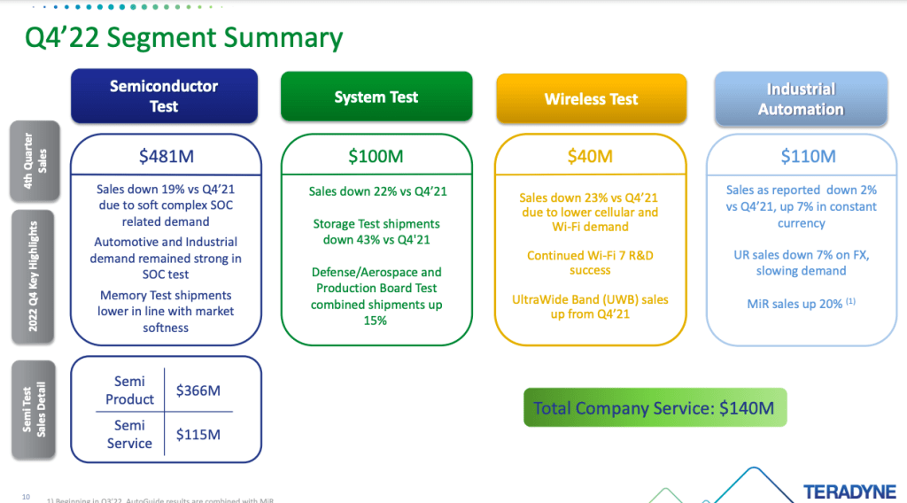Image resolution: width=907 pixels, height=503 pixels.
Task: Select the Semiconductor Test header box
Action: [164, 97]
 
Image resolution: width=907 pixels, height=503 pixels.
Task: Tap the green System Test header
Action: [376, 97]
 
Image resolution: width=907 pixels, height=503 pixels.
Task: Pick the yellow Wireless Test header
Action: [591, 99]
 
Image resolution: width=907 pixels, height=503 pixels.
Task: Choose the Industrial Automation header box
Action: [801, 99]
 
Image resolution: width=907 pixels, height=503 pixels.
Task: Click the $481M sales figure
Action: [166, 157]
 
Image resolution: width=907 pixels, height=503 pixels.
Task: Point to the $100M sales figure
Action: [376, 157]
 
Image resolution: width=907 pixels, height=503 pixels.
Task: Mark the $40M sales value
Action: [590, 157]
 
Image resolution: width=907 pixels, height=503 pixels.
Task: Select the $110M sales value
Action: [808, 157]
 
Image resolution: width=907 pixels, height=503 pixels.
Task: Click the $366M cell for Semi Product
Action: [198, 391]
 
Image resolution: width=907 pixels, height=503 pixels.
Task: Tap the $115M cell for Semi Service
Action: [198, 434]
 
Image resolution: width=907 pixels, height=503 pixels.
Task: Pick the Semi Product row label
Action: [129, 391]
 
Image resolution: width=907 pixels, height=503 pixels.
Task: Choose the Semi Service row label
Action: [129, 434]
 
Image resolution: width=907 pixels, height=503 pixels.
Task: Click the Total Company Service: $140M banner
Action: [654, 408]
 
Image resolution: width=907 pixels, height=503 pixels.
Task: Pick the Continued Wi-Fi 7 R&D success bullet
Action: [590, 262]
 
